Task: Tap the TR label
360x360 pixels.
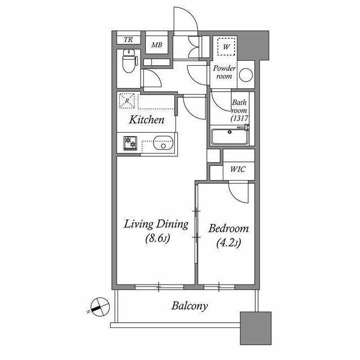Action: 128,40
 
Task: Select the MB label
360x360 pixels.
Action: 157,45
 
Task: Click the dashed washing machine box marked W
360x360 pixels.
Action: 226,47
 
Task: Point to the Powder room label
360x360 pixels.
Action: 224,72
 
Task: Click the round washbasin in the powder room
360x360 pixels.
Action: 246,75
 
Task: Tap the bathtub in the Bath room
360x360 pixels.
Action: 229,137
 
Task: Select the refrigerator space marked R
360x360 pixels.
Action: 127,101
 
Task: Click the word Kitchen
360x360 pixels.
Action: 147,120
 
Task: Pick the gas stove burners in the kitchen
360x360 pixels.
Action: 130,143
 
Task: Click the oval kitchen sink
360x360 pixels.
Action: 163,143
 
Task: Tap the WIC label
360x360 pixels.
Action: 238,169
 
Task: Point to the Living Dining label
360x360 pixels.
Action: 156,224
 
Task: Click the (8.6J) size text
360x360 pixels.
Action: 157,238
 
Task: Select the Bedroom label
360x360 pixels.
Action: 229,229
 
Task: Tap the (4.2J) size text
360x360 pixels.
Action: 229,243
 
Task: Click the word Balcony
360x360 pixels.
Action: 190,306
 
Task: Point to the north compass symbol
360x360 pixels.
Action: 100,307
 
